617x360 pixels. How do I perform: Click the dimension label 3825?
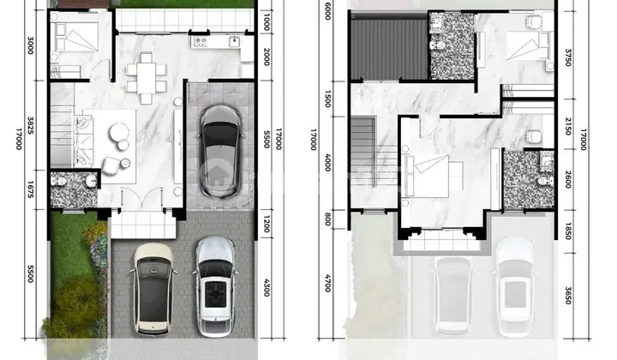click(30, 125)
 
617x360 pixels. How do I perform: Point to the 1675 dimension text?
click(30, 189)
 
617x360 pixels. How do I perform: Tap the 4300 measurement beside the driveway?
click(267, 288)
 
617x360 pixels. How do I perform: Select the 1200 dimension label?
click(267, 225)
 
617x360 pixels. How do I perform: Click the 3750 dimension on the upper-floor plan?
click(568, 57)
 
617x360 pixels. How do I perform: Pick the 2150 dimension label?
click(568, 126)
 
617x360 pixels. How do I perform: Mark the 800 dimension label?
click(327, 219)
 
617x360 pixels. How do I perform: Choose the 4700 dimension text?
click(327, 283)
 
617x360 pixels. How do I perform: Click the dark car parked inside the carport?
click(220, 151)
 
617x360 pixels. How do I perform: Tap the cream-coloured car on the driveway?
click(153, 289)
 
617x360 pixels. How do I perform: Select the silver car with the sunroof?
click(215, 286)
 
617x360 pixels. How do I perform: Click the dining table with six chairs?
click(147, 77)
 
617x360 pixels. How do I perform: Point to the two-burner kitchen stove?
click(201, 40)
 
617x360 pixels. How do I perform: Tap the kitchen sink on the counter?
click(235, 41)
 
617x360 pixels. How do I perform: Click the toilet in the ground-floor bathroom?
click(58, 181)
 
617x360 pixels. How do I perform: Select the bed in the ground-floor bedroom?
click(75, 37)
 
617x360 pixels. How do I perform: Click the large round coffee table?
click(119, 132)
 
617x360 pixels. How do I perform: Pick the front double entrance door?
click(141, 199)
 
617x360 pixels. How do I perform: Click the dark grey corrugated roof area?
click(389, 49)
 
